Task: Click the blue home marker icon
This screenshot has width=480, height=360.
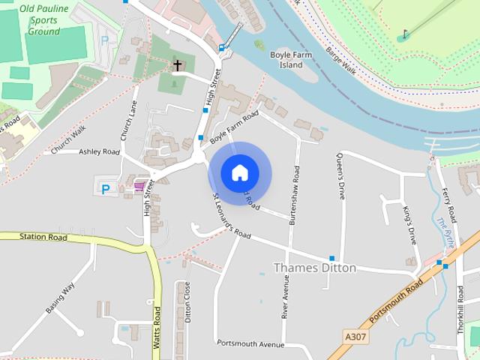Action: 239,172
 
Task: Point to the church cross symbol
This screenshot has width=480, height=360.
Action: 178,65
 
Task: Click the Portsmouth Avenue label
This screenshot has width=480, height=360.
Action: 250,343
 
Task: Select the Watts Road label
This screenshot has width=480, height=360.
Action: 157,328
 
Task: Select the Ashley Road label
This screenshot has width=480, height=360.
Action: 99,151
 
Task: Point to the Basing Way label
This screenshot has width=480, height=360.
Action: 61,298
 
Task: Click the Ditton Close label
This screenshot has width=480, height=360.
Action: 188,302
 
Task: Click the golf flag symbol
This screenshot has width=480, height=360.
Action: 405,34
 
